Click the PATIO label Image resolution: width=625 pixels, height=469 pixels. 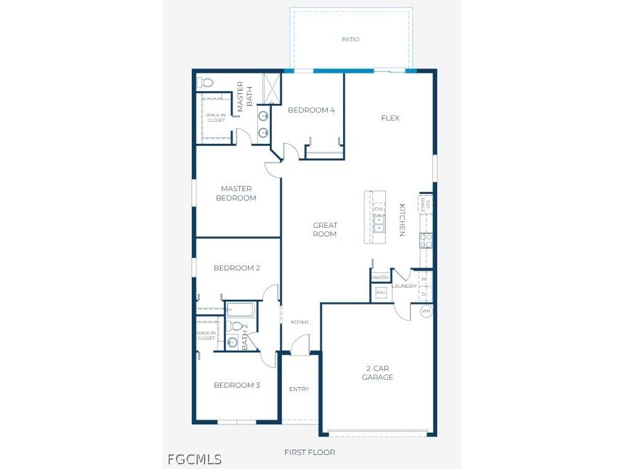pyautogui.click(x=350, y=39)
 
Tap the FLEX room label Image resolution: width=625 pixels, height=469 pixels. pyautogui.click(x=390, y=119)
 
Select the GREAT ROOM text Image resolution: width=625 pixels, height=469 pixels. pyautogui.click(x=325, y=230)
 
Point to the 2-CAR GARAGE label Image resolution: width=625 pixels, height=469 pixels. pyautogui.click(x=378, y=373)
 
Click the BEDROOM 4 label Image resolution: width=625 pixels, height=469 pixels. pyautogui.click(x=311, y=111)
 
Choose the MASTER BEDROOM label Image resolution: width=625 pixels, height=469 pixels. pyautogui.click(x=237, y=193)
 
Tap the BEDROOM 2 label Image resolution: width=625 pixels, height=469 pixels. pyautogui.click(x=237, y=268)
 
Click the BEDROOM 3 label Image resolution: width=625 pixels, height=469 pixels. pyautogui.click(x=237, y=385)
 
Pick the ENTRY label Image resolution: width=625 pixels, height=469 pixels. pyautogui.click(x=299, y=389)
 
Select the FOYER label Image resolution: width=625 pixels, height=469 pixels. pyautogui.click(x=300, y=322)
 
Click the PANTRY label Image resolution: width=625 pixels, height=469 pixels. pyautogui.click(x=380, y=278)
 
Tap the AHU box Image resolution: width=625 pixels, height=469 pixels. pyautogui.click(x=380, y=292)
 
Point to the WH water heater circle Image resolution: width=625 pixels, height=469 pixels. pyautogui.click(x=426, y=311)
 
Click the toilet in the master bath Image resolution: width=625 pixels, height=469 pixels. pyautogui.click(x=205, y=83)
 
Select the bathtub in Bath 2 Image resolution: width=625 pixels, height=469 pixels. pyautogui.click(x=241, y=310)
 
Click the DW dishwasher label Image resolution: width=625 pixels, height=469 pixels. pyautogui.click(x=378, y=209)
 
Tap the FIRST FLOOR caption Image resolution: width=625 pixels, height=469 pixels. pyautogui.click(x=310, y=452)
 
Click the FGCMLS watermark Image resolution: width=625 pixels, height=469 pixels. pyautogui.click(x=195, y=459)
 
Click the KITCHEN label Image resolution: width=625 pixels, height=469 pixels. pyautogui.click(x=402, y=220)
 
